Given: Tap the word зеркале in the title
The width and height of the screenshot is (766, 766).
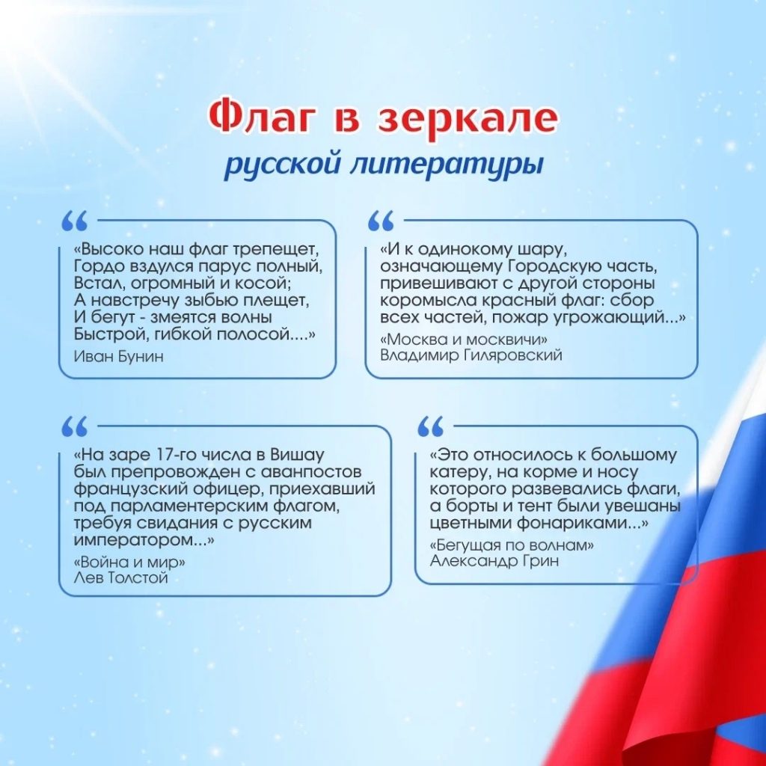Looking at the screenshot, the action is click(468, 118).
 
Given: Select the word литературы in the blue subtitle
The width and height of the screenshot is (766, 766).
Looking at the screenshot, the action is click(447, 165).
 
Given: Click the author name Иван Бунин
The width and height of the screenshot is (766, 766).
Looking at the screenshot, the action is click(118, 356).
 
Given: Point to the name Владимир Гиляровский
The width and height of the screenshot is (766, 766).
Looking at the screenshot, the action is click(471, 355).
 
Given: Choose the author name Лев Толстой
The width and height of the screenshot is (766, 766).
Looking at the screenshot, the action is click(120, 578).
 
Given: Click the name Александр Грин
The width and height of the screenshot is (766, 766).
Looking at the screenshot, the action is click(494, 560).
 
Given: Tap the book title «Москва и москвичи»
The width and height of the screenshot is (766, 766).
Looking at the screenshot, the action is click(464, 339).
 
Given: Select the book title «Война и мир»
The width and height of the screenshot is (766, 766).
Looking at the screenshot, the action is click(129, 562).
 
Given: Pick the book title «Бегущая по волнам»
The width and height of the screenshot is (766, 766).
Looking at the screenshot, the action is click(512, 545).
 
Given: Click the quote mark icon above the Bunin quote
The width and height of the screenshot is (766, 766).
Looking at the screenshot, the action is click(75, 221).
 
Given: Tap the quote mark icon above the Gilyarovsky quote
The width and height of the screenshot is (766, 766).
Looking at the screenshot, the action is click(381, 221).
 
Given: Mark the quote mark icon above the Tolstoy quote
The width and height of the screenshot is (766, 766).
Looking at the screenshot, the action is click(75, 426).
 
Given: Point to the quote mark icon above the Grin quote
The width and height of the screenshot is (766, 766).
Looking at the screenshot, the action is click(431, 426).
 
